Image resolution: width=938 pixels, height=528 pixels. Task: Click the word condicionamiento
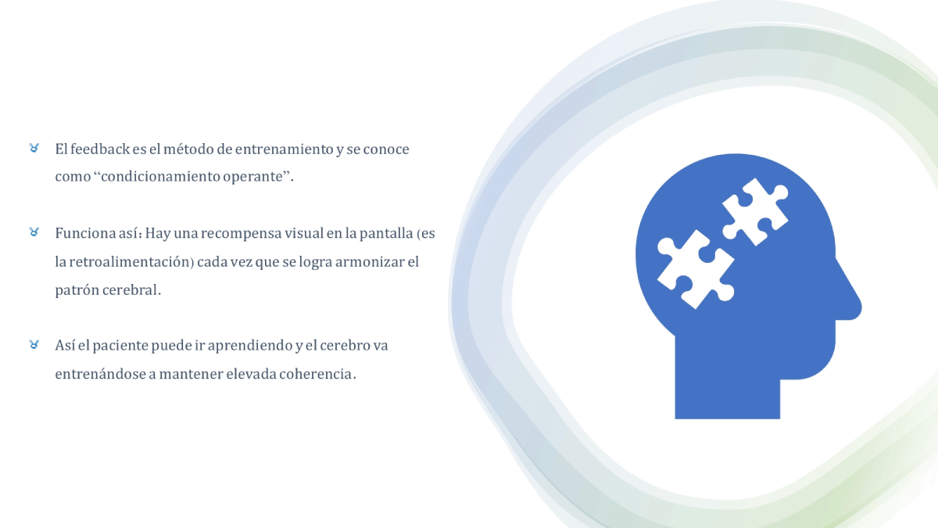click(161, 177)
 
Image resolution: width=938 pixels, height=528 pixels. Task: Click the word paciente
click(120, 346)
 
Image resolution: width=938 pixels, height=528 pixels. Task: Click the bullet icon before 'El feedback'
click(34, 148)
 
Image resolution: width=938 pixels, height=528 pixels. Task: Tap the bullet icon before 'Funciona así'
click(34, 232)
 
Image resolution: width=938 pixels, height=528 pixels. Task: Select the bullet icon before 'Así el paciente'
click(34, 344)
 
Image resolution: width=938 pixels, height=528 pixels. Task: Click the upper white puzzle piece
click(755, 212)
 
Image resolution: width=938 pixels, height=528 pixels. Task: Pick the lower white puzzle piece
click(696, 269)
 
